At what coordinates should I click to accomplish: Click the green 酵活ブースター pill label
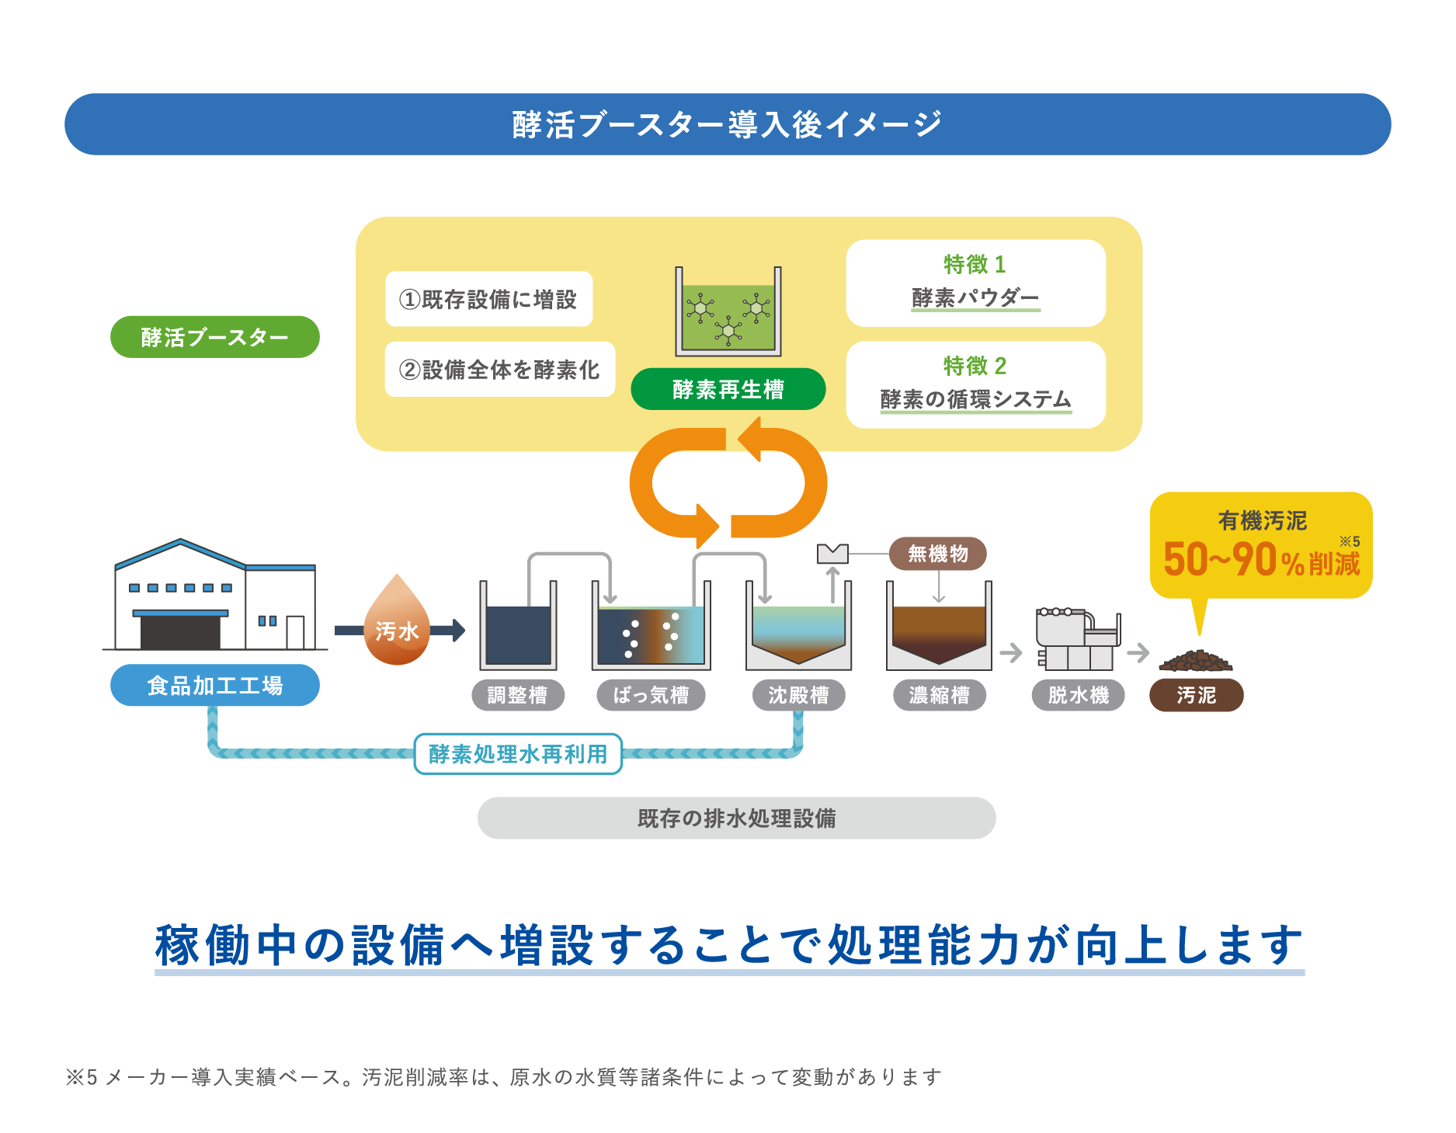[214, 337]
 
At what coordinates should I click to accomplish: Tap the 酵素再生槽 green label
[728, 389]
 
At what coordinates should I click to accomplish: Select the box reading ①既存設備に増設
[488, 299]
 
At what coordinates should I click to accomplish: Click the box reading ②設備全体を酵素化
[499, 370]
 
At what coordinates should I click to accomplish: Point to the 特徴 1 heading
[975, 265]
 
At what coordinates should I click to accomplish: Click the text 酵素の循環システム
[975, 399]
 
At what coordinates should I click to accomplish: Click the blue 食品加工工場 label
[214, 686]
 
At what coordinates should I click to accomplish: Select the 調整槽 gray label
[517, 695]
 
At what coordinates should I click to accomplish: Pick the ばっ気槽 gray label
[651, 695]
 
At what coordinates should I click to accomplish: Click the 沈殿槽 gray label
[798, 695]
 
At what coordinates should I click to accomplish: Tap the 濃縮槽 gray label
[940, 695]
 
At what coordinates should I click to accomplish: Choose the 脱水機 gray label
[1078, 695]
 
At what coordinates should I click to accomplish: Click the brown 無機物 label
[938, 554]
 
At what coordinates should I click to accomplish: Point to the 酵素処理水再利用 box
[518, 753]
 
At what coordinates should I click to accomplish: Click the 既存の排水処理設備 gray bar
[736, 818]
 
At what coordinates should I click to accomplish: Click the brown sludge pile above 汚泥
[1196, 661]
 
